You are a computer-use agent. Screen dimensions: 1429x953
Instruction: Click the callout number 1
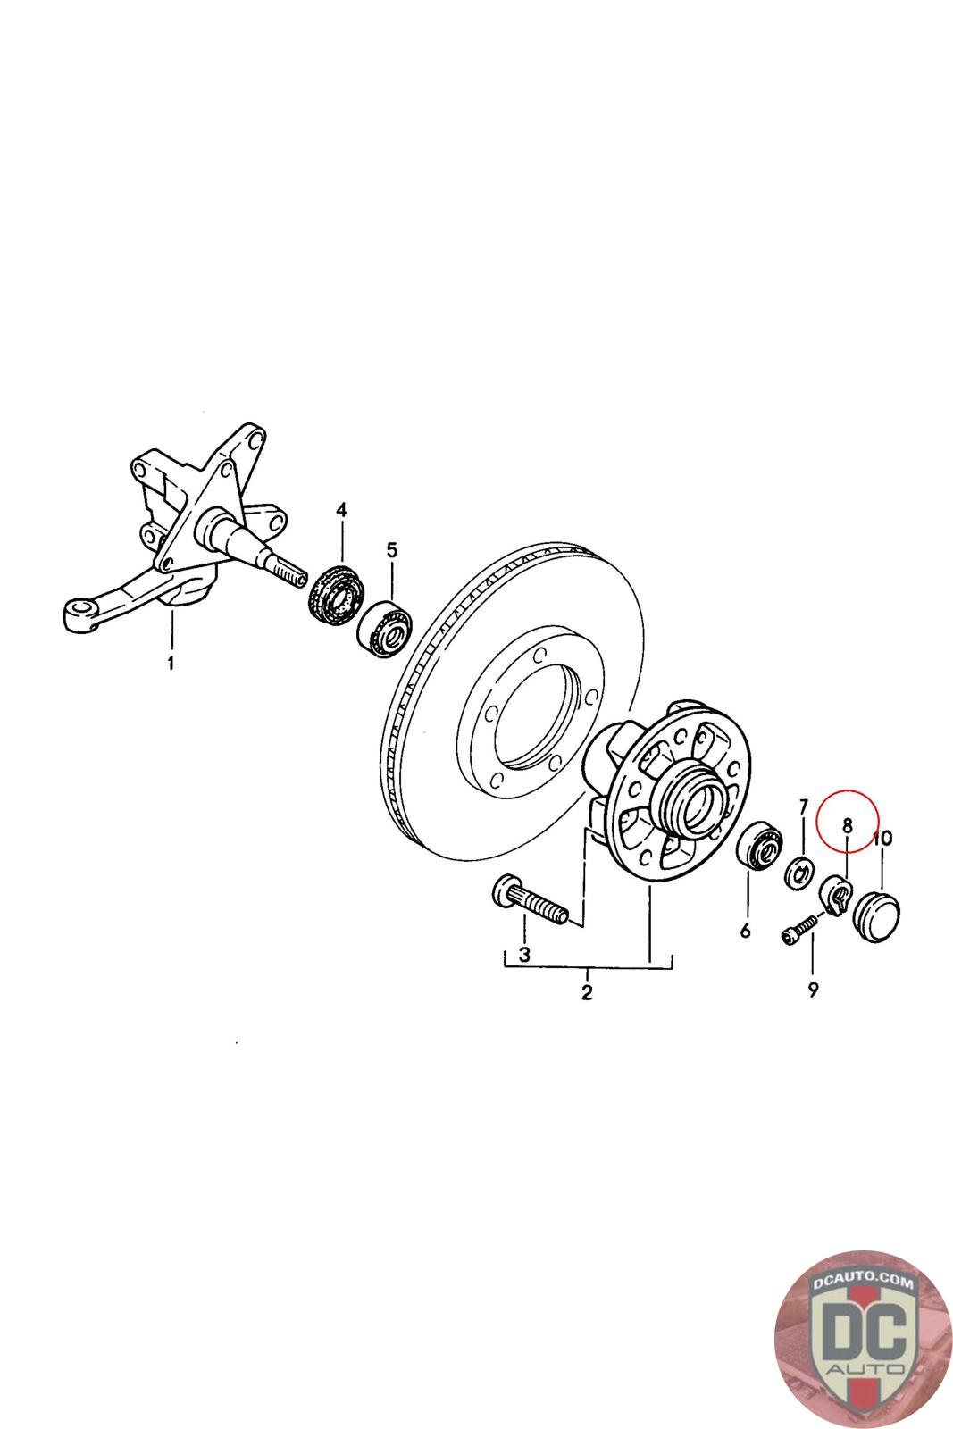(x=171, y=663)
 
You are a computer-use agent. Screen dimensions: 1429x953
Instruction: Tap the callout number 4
(x=341, y=510)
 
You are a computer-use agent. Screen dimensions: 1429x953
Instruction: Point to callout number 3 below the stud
(x=524, y=954)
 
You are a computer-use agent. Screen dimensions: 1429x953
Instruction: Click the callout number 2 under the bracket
(x=587, y=992)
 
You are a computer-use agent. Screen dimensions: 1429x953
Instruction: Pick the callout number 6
(x=745, y=931)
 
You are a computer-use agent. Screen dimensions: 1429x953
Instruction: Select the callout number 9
(x=813, y=990)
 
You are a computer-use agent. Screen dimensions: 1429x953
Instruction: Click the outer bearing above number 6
(x=761, y=843)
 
